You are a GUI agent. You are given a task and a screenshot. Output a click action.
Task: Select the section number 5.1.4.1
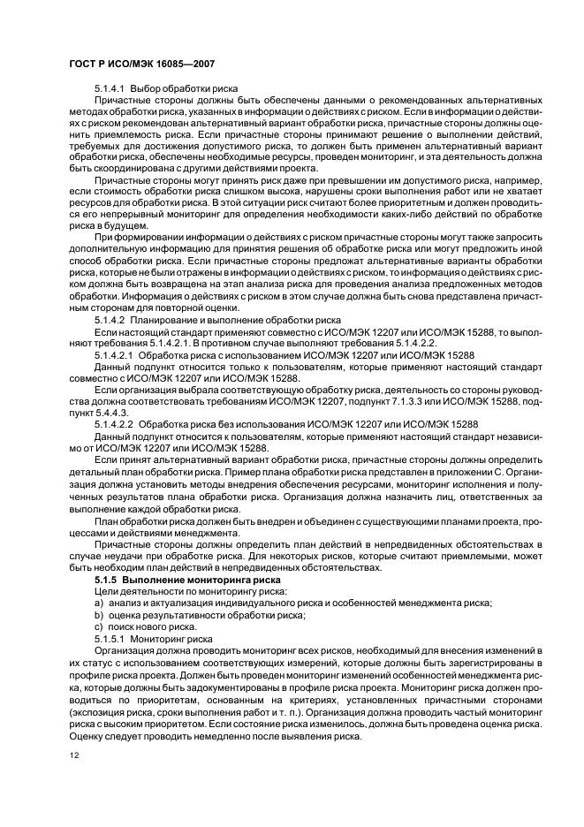tap(110, 89)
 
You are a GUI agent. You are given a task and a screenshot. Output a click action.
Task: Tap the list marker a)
tap(99, 602)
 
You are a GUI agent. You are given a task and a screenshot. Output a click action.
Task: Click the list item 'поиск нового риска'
tap(158, 625)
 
